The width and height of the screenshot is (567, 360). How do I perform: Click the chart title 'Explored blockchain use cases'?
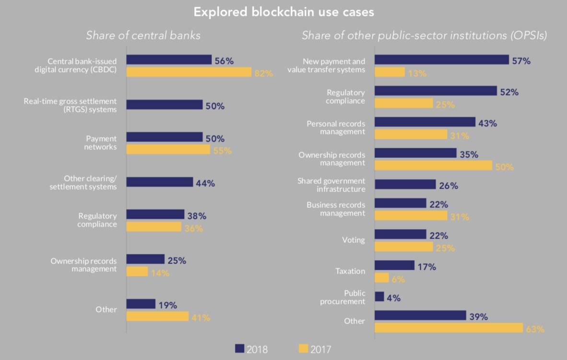point(283,12)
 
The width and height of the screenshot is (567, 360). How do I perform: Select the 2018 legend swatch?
point(240,349)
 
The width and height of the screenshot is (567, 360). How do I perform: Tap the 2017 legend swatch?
point(303,349)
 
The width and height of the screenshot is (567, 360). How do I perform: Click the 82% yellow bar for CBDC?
point(189,72)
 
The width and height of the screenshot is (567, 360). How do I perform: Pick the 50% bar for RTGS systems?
point(165,105)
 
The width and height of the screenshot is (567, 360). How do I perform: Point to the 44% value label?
point(205,183)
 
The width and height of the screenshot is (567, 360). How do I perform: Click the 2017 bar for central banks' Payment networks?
point(168,150)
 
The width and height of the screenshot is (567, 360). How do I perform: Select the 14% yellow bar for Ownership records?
point(137,272)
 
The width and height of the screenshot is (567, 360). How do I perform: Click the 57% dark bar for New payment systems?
point(441,60)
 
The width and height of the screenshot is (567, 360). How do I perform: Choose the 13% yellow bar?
point(390,72)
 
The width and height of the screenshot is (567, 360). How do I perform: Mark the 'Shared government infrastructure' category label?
point(331,185)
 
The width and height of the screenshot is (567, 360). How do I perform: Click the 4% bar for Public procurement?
point(379,297)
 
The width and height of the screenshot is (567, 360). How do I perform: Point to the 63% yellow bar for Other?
point(449,328)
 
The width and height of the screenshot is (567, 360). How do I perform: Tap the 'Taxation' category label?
point(350,271)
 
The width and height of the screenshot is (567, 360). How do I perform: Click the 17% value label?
point(426,267)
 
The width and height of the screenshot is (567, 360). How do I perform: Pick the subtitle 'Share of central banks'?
point(143,36)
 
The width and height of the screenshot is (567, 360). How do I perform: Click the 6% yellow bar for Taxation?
point(381,277)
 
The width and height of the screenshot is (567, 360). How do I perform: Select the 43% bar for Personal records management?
point(425,122)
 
